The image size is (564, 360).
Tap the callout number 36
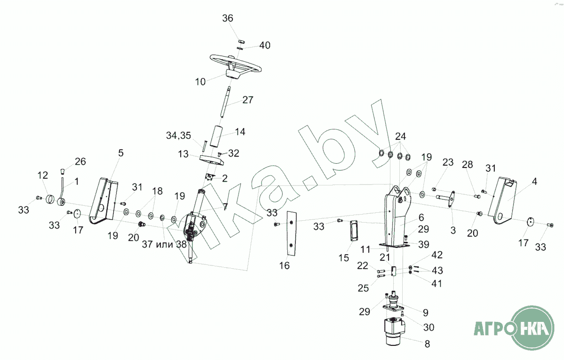tap(228, 19)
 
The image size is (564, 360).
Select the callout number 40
tap(265, 45)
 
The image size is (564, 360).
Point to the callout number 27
tap(248, 100)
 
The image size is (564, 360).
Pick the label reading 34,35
tap(178, 136)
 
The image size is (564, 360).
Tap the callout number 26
tap(80, 162)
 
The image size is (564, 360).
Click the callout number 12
tap(43, 176)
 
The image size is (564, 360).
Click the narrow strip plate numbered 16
tap(292, 233)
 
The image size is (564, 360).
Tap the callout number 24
tap(400, 137)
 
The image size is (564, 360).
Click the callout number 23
tap(448, 162)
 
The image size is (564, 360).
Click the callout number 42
tap(437, 255)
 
